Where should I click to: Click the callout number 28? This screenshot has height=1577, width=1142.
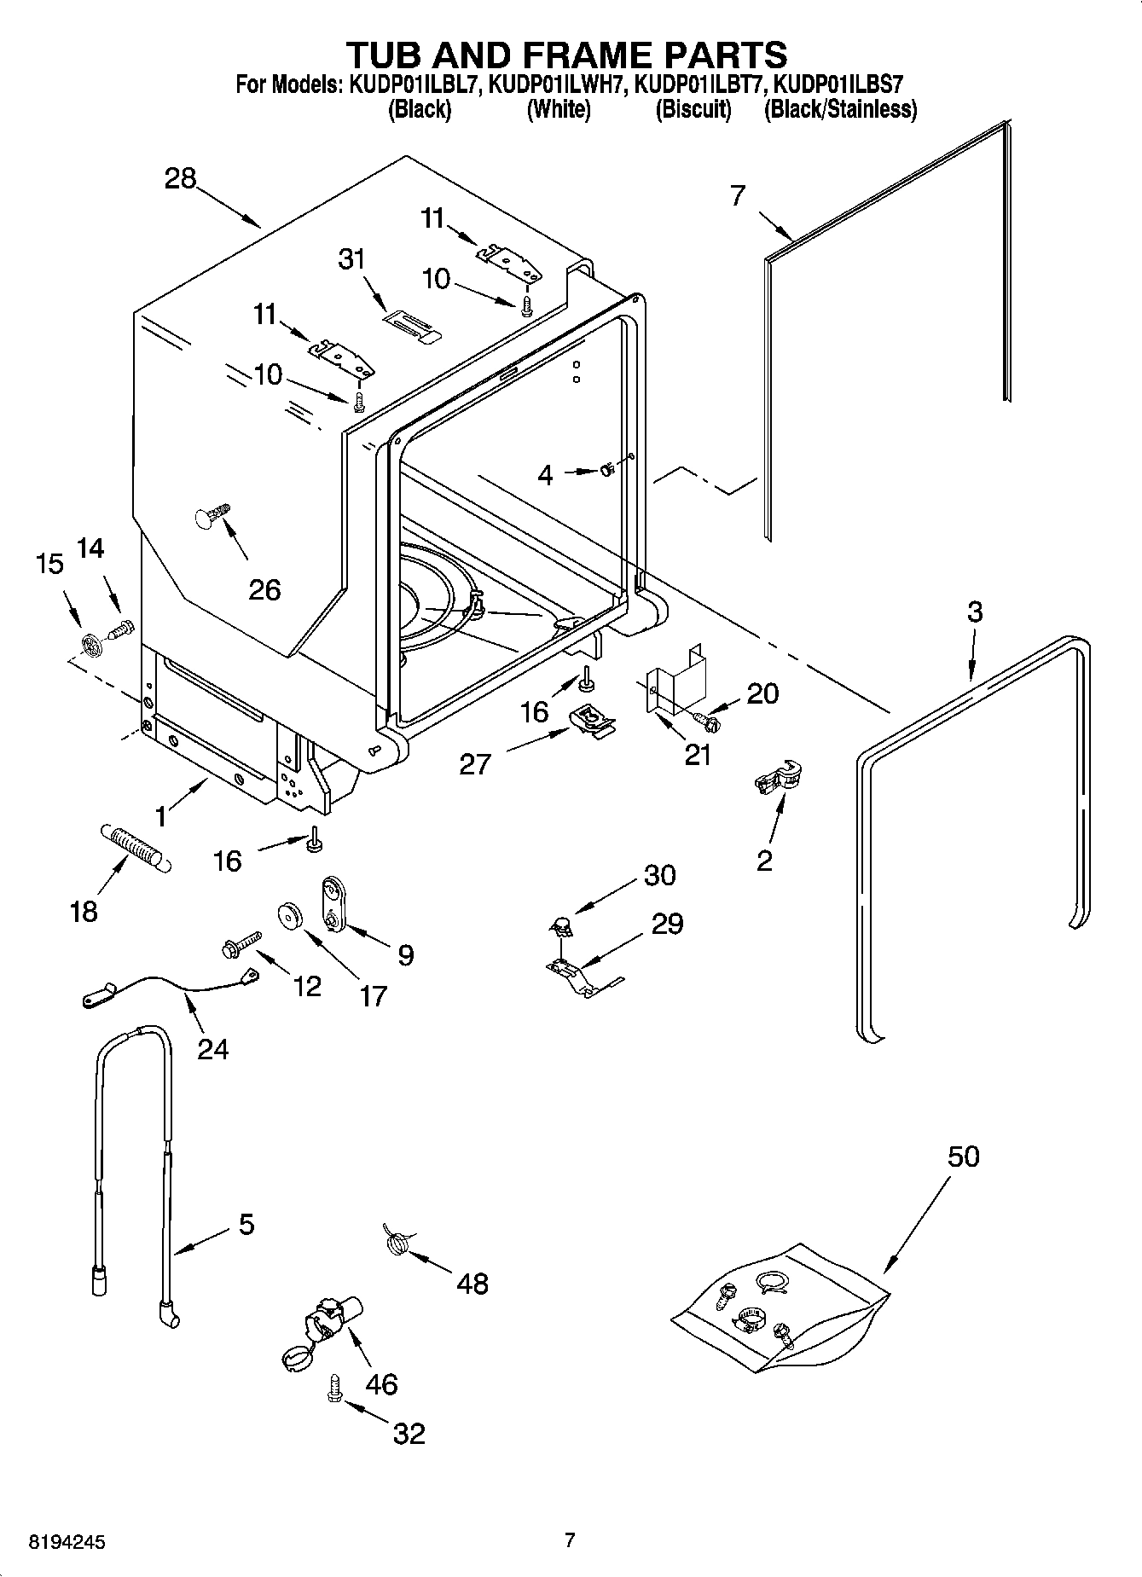point(181,178)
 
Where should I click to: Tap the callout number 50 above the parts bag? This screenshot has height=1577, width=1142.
point(963,1157)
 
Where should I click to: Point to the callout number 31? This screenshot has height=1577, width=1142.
point(351,258)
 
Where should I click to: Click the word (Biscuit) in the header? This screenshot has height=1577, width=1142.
point(693,110)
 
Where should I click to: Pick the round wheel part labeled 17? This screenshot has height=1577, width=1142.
point(293,915)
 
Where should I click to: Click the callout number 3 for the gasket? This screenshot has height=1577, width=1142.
point(975,612)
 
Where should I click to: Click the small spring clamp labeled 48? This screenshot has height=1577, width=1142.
point(395,1238)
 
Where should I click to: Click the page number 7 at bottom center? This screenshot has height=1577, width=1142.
point(570,1539)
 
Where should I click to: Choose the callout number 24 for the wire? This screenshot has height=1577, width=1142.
point(212,1048)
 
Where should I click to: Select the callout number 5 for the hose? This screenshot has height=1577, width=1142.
point(246,1225)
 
